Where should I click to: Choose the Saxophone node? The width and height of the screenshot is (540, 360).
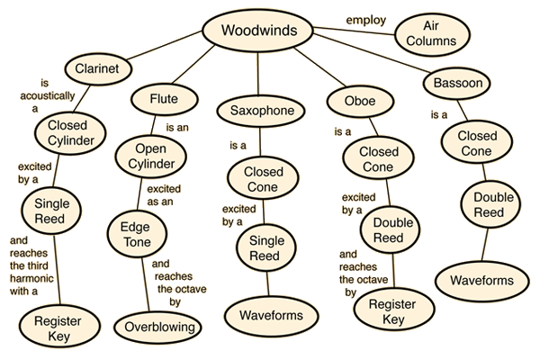(259, 111)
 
